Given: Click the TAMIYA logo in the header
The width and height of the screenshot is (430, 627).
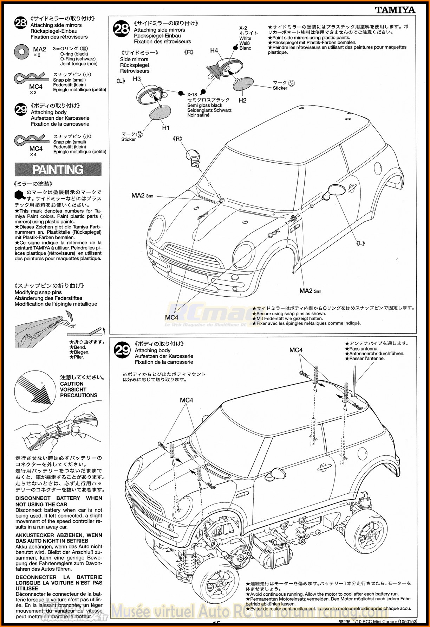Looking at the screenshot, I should pos(395,10).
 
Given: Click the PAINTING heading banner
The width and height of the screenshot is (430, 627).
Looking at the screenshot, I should pos(58,170).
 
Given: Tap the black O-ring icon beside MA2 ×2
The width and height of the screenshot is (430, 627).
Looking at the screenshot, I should pos(21,52).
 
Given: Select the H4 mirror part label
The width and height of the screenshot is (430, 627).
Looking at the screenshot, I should pos(214,50).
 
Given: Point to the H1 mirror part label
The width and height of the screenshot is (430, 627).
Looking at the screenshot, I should pos(165,128).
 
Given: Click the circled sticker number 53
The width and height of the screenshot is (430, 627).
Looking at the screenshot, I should pos(291,83).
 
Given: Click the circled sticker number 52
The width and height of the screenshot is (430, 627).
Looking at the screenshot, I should pos(139,134).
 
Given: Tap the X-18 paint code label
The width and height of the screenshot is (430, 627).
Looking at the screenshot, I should pos(192,94).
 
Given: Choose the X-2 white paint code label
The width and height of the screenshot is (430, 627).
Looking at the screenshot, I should pos(243,28).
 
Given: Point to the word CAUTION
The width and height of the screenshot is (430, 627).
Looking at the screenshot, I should pos(72,384).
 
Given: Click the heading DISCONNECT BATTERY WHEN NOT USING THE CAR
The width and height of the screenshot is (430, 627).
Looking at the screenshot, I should pos(59,501).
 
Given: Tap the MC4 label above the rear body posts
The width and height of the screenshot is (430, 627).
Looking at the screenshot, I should pos(296,350).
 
